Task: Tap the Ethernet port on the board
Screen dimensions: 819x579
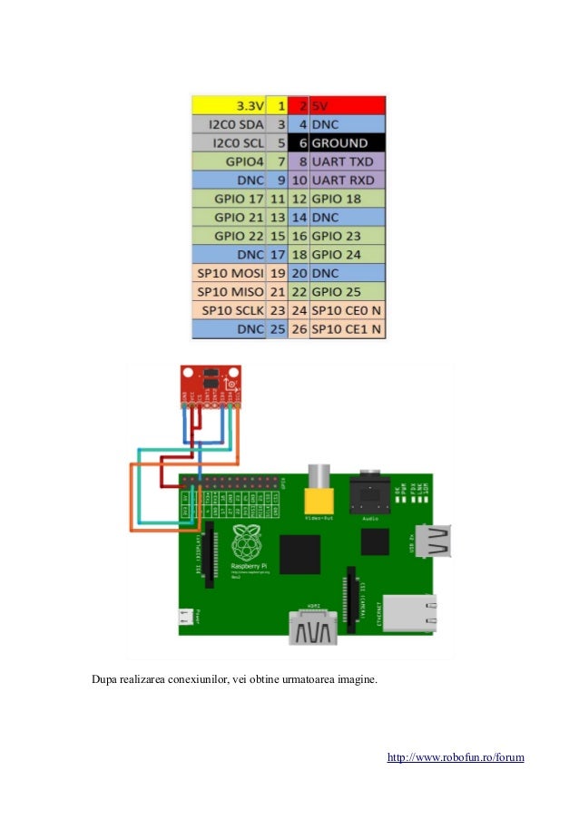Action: click(x=409, y=612)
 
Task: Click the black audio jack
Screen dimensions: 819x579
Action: click(x=371, y=493)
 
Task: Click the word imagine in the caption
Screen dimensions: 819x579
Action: click(x=355, y=678)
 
